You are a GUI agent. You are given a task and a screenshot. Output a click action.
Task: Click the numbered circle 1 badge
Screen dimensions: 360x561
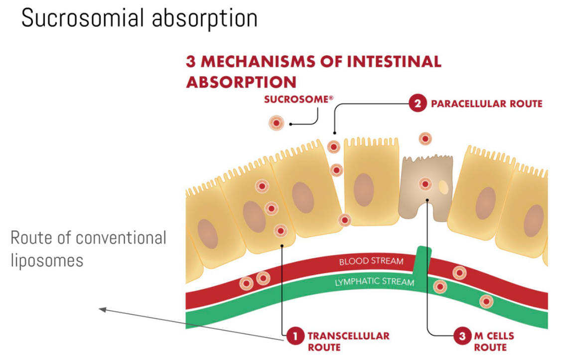pos(294,336)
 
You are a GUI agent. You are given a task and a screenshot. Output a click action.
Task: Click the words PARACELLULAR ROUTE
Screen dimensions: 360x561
pos(486,104)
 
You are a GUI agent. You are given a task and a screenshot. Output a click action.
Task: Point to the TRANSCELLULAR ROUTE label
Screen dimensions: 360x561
pos(348,341)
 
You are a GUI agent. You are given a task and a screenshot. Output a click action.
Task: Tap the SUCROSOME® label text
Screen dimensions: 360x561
pos(298,99)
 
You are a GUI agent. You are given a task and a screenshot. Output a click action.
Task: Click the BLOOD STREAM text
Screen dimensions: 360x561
pos(371,261)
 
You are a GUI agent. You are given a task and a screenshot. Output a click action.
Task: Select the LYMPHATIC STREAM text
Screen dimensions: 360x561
pos(374,282)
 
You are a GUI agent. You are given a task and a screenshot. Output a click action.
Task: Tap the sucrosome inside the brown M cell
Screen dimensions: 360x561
pos(425,184)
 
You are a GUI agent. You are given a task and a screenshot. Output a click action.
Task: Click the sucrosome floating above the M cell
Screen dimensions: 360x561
pos(425,139)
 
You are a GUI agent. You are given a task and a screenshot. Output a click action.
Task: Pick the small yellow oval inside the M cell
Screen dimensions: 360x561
pos(443,187)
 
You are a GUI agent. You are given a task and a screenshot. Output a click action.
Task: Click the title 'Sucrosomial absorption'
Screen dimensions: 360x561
pos(139,18)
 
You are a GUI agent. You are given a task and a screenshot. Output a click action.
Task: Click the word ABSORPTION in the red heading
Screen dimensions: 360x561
pos(241,82)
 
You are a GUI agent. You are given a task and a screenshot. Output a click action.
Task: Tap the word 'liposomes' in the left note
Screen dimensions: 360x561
pos(47,260)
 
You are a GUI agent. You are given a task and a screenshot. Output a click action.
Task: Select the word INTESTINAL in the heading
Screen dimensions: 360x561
pos(394,62)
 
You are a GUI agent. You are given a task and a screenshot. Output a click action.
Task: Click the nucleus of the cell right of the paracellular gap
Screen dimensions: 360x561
pos(364,190)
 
